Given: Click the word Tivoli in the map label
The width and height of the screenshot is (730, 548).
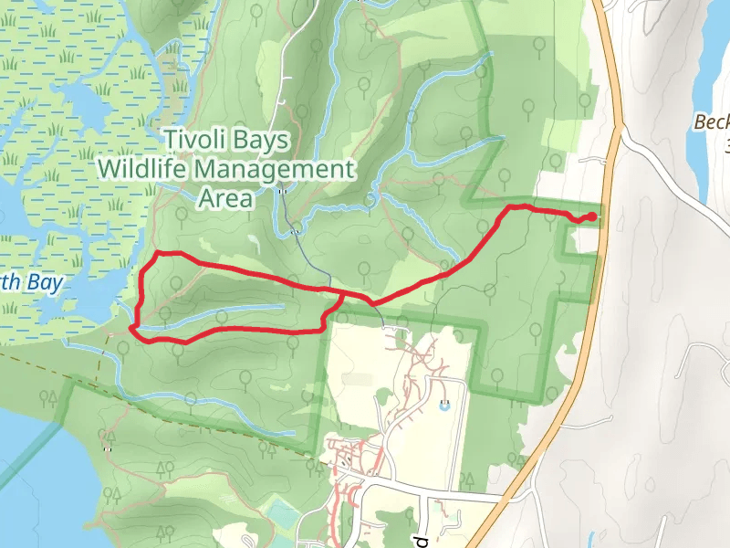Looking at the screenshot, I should coord(195,140).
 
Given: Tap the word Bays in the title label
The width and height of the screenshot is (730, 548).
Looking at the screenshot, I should coord(264,140).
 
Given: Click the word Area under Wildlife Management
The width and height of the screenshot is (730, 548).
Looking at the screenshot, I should coord(224,198).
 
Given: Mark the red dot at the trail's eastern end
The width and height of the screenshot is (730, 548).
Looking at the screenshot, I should coord(593,216).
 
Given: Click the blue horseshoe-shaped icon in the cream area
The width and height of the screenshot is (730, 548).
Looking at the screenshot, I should coord(444,406).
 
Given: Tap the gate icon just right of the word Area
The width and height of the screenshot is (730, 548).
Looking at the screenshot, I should coord(282,192).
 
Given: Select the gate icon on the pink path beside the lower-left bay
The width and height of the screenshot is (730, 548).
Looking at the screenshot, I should coord(108,449).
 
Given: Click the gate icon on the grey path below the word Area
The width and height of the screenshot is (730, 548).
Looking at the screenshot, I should coord(296,232).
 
